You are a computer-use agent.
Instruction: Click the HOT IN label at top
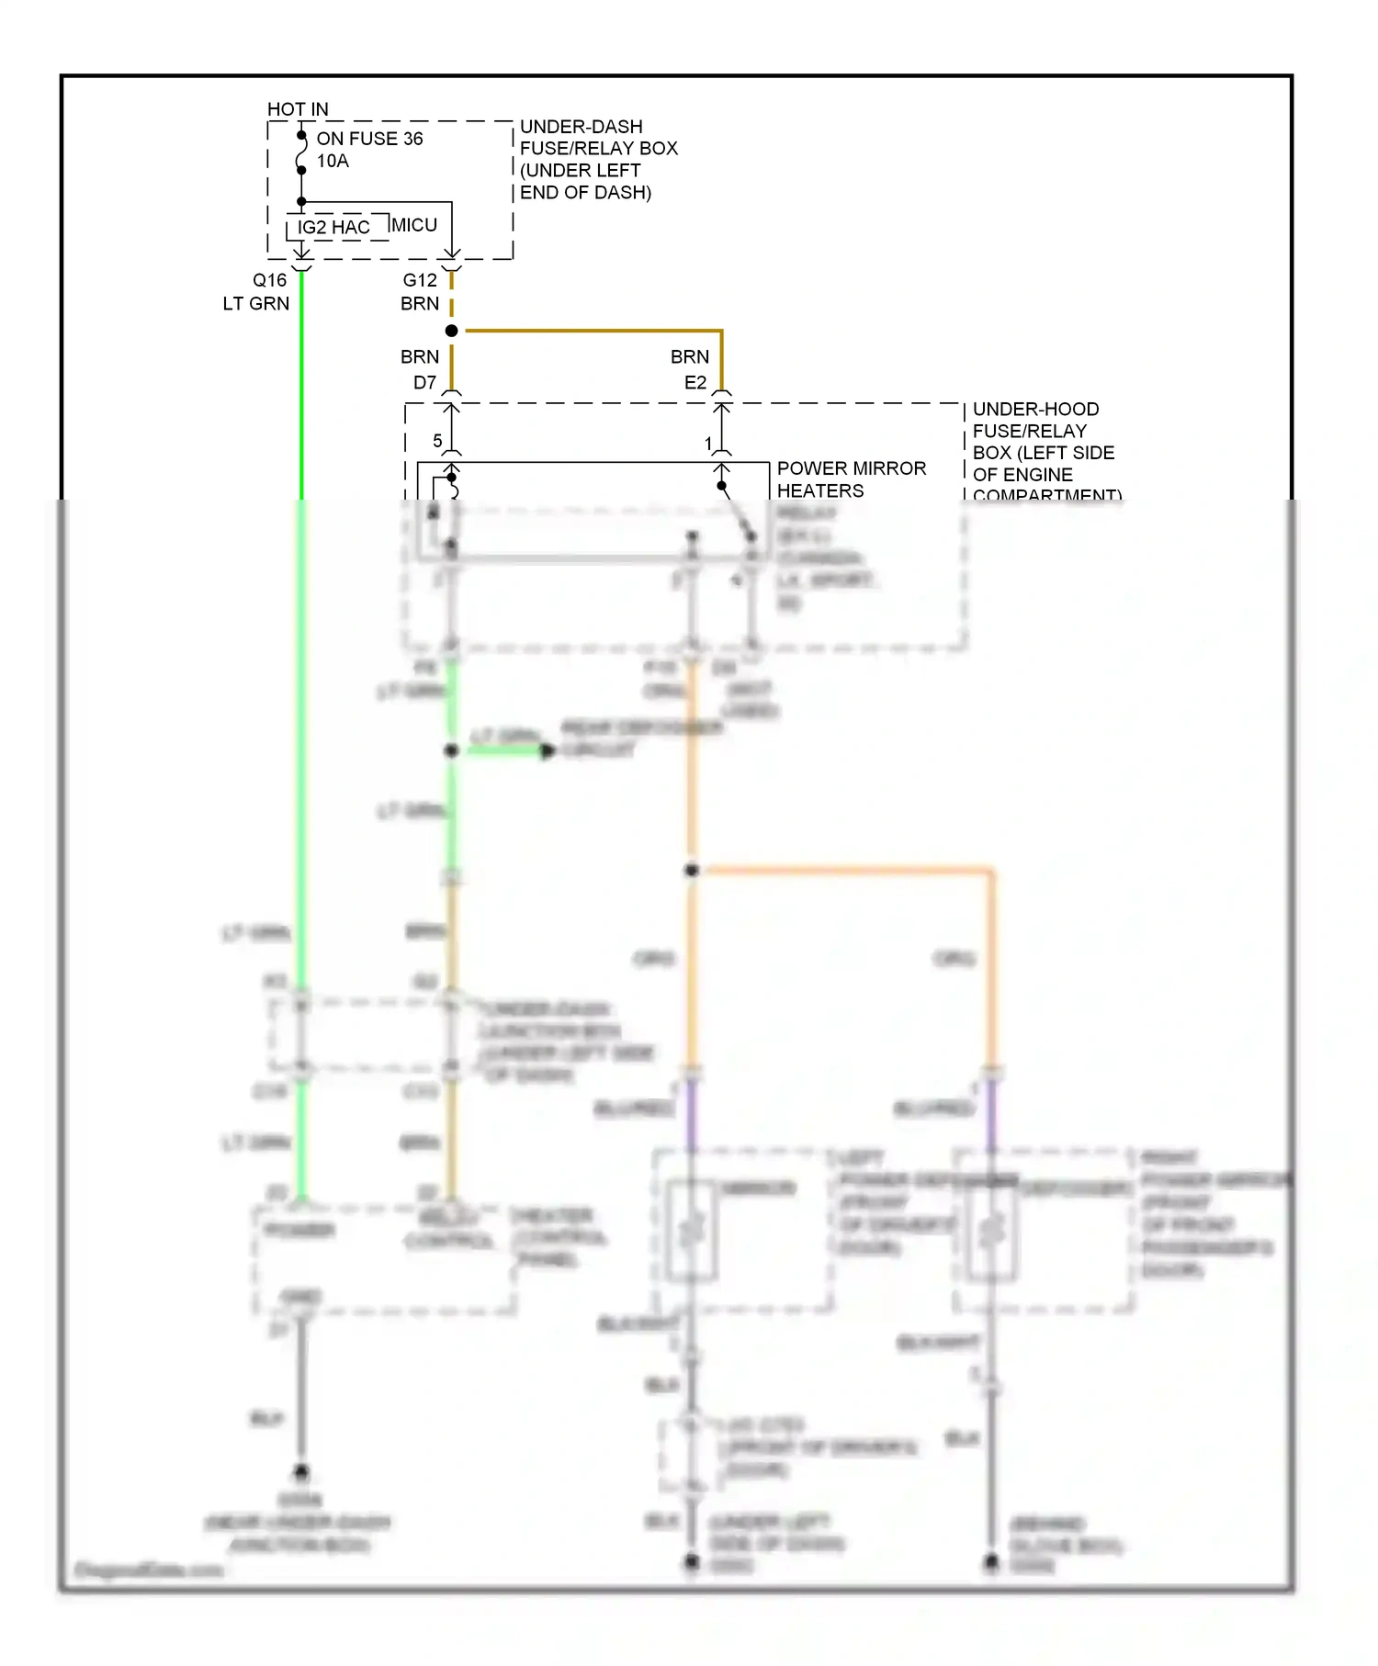tap(297, 109)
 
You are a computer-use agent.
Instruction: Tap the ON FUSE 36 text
tap(369, 139)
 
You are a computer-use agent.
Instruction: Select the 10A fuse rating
tap(333, 162)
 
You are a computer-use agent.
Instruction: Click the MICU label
tap(414, 225)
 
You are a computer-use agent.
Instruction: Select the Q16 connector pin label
tap(270, 280)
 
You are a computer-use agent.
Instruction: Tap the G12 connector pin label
tap(420, 280)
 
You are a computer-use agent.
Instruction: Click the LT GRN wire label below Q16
tap(255, 304)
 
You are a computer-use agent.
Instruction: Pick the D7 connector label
tap(424, 383)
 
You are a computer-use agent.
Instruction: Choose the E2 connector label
tap(695, 383)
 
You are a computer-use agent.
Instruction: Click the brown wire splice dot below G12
tap(451, 331)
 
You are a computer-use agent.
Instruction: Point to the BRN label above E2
tap(689, 357)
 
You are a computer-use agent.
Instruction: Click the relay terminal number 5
tap(437, 441)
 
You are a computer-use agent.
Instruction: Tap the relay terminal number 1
tap(708, 444)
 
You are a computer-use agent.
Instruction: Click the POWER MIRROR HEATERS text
tap(851, 479)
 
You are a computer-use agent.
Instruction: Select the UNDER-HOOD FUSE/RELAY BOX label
tap(1043, 442)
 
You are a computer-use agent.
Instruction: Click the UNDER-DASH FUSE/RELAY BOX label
tap(597, 159)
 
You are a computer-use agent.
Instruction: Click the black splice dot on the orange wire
tap(692, 870)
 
